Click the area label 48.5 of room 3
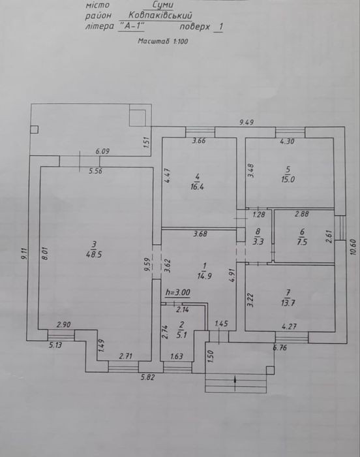94,255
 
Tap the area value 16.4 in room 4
197,187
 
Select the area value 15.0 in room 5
288,180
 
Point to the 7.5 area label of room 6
302,242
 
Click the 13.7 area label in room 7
288,303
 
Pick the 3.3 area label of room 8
258,242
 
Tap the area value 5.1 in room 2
182,335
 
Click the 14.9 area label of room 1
205,276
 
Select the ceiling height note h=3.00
177,292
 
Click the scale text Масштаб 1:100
163,41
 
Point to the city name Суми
163,5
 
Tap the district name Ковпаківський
160,16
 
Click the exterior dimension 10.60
353,247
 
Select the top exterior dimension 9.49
247,122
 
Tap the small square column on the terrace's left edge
34,129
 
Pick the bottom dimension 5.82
147,377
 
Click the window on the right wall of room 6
340,228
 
